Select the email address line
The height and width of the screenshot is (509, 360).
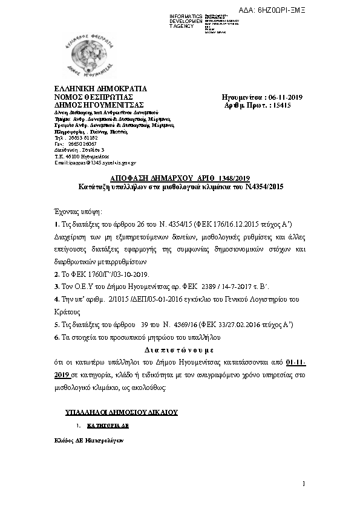tap(95, 163)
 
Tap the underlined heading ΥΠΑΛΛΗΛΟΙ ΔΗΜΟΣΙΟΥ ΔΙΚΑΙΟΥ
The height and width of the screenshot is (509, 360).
tap(121, 412)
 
